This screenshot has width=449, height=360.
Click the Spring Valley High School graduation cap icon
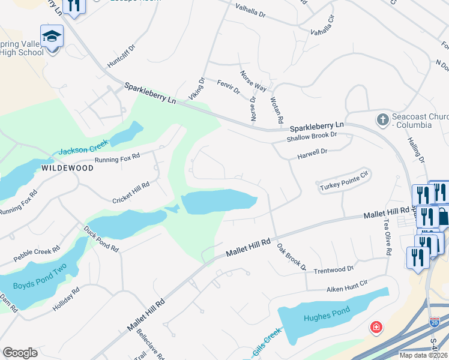52,35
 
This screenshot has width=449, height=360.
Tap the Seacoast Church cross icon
382,119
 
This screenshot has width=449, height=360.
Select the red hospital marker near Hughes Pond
376,327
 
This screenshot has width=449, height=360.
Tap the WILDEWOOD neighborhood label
67,168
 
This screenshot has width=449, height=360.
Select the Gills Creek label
267,341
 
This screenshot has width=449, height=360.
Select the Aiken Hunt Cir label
346,289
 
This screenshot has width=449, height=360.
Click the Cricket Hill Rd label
131,193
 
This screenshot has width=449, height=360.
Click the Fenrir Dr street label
229,87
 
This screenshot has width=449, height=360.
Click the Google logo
20,353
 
